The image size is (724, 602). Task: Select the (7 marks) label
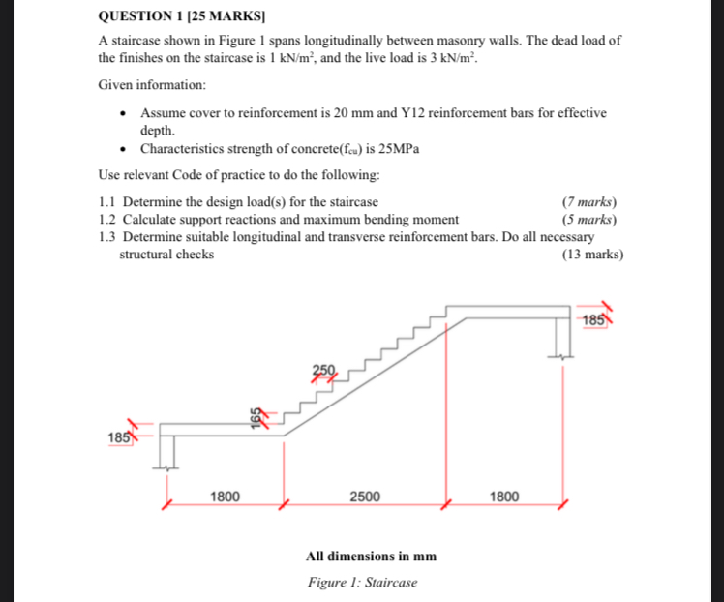[589, 202]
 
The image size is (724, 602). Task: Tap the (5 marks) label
[589, 219]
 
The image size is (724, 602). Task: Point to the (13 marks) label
[592, 255]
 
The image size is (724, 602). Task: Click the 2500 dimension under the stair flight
[364, 497]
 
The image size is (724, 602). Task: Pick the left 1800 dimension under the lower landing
[226, 497]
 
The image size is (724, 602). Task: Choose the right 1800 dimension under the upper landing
[504, 497]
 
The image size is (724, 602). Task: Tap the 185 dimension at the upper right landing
[594, 318]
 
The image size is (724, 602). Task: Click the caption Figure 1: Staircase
[363, 582]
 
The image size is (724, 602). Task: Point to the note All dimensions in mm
[371, 557]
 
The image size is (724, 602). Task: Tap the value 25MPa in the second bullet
[397, 149]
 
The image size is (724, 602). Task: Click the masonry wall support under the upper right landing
[561, 336]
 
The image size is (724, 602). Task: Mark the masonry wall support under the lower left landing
[168, 451]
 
